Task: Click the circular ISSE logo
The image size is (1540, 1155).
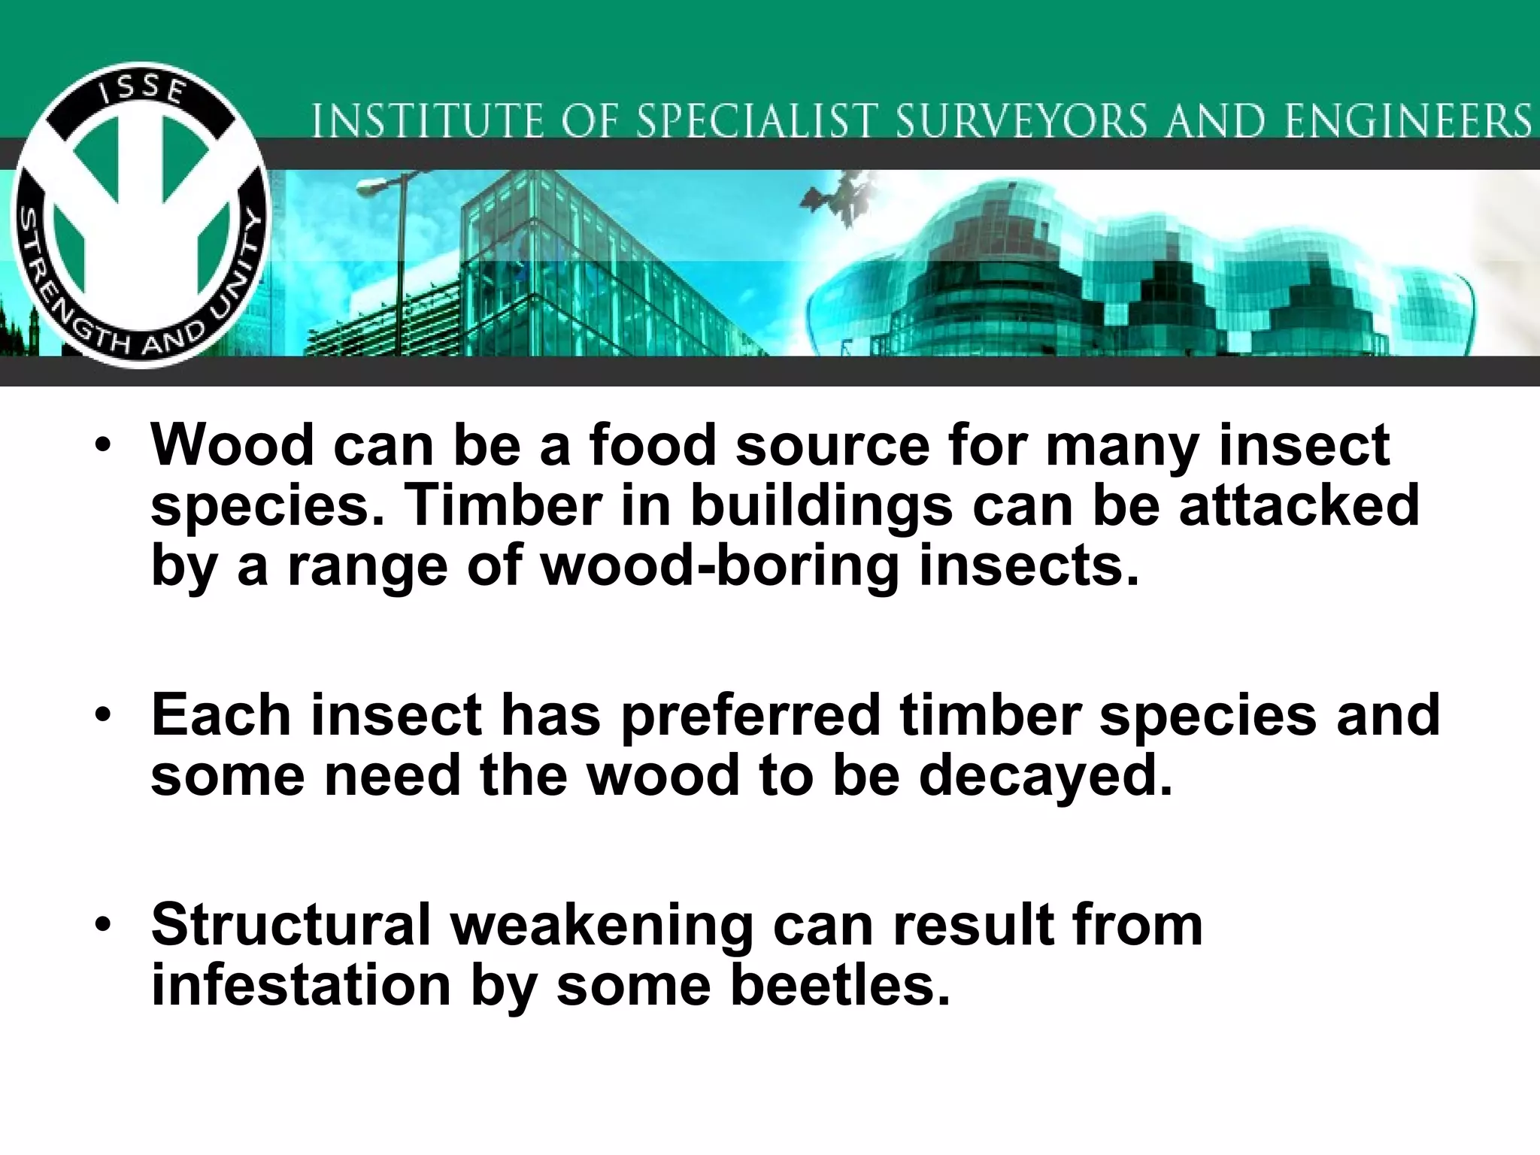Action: click(x=141, y=216)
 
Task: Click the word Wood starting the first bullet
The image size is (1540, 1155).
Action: click(x=232, y=445)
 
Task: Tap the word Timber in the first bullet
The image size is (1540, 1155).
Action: click(x=502, y=505)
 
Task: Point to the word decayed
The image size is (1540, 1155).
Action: click(x=1045, y=775)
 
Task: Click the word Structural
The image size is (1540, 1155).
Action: click(x=290, y=925)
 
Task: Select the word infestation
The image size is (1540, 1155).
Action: click(x=301, y=985)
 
